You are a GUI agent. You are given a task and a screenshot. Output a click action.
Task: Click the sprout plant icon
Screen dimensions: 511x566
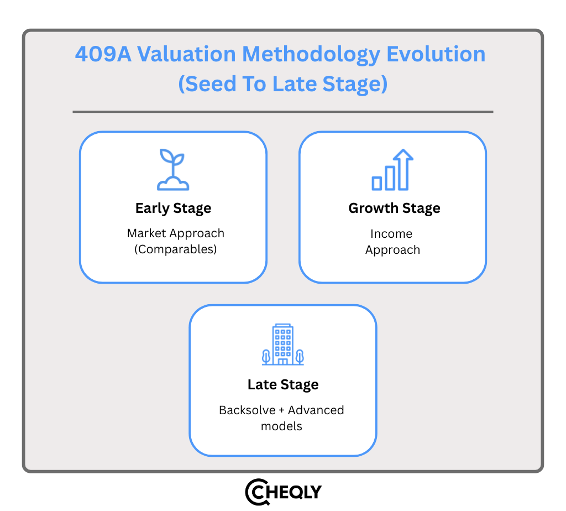point(173,169)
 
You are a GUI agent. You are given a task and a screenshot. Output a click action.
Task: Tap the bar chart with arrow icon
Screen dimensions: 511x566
point(392,170)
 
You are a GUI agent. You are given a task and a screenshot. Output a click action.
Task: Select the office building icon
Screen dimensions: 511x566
point(283,344)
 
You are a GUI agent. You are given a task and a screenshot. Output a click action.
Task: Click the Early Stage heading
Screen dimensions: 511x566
point(173,208)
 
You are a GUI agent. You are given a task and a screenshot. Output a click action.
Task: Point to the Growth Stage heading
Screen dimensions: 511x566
point(394,208)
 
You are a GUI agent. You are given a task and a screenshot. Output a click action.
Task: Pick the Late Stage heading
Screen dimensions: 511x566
point(283,385)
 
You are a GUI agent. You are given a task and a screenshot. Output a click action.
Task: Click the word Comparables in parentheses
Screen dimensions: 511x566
point(176,249)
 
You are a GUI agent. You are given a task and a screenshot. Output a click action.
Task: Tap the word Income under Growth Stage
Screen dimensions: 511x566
point(391,233)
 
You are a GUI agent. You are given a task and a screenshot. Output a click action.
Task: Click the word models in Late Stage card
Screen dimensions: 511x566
point(282,426)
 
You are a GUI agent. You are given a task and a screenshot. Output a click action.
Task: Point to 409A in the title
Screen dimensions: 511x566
point(102,54)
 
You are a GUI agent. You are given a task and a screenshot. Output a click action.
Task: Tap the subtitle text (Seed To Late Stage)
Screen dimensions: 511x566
point(282,84)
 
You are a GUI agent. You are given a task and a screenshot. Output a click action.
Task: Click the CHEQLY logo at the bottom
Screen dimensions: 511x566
point(283,491)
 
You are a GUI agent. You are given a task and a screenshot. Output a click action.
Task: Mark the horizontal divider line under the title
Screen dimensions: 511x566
point(282,112)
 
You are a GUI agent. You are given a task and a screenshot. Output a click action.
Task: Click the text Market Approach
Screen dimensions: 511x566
point(176,233)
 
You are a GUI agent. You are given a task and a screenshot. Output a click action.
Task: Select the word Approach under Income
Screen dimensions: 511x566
point(392,250)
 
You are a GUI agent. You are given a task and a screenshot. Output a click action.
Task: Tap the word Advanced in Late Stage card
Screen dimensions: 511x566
point(316,410)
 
